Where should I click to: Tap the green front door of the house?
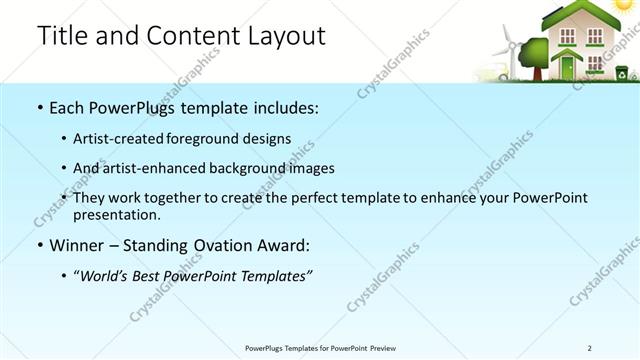point(568,67)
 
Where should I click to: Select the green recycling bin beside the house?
point(621,72)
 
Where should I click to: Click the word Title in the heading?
point(62,36)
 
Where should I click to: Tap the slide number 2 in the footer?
point(589,348)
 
